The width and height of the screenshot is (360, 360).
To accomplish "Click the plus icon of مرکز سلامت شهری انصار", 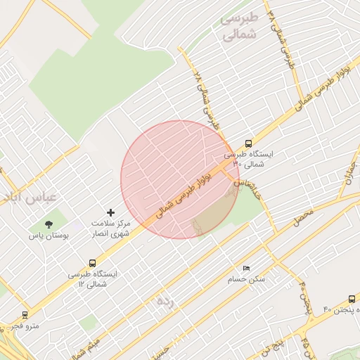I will click(x=110, y=212).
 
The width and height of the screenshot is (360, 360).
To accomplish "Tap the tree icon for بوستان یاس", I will click(x=49, y=224).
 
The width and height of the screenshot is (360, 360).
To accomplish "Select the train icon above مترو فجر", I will click(x=25, y=315).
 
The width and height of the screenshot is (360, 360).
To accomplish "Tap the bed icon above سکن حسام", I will click(x=245, y=269).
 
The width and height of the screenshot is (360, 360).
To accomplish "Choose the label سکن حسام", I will click(x=247, y=279).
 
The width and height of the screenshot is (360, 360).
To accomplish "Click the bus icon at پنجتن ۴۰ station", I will click(x=352, y=298).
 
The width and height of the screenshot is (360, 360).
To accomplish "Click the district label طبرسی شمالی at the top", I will click(x=240, y=27).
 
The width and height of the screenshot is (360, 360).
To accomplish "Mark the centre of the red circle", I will click(x=180, y=179).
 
